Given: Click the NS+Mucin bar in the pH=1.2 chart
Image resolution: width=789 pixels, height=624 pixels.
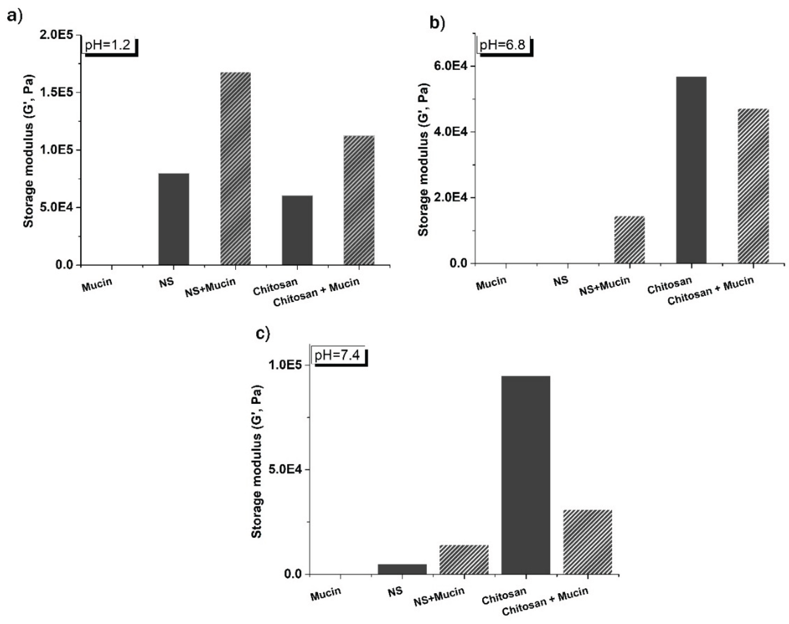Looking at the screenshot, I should coord(235,168).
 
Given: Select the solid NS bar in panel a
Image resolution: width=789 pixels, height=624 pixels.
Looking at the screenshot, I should coord(174,219).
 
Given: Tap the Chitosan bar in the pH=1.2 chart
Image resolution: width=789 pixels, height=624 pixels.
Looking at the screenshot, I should coord(297,230).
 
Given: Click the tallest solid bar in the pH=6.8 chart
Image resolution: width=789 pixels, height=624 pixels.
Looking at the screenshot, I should coord(691,170).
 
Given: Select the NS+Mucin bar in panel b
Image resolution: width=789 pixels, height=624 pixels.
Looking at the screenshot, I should coord(629,240).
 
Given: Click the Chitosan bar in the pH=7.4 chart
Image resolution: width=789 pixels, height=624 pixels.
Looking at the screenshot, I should coord(526,475).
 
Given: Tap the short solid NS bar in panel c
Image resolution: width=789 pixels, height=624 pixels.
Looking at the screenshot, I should coord(402,569).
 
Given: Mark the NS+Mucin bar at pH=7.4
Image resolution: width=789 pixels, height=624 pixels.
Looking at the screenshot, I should coord(464,559).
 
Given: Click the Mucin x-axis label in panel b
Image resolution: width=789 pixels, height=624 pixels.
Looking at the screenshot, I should coord(491,283).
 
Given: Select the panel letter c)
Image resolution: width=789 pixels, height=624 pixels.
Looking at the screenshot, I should coord(262,334).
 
